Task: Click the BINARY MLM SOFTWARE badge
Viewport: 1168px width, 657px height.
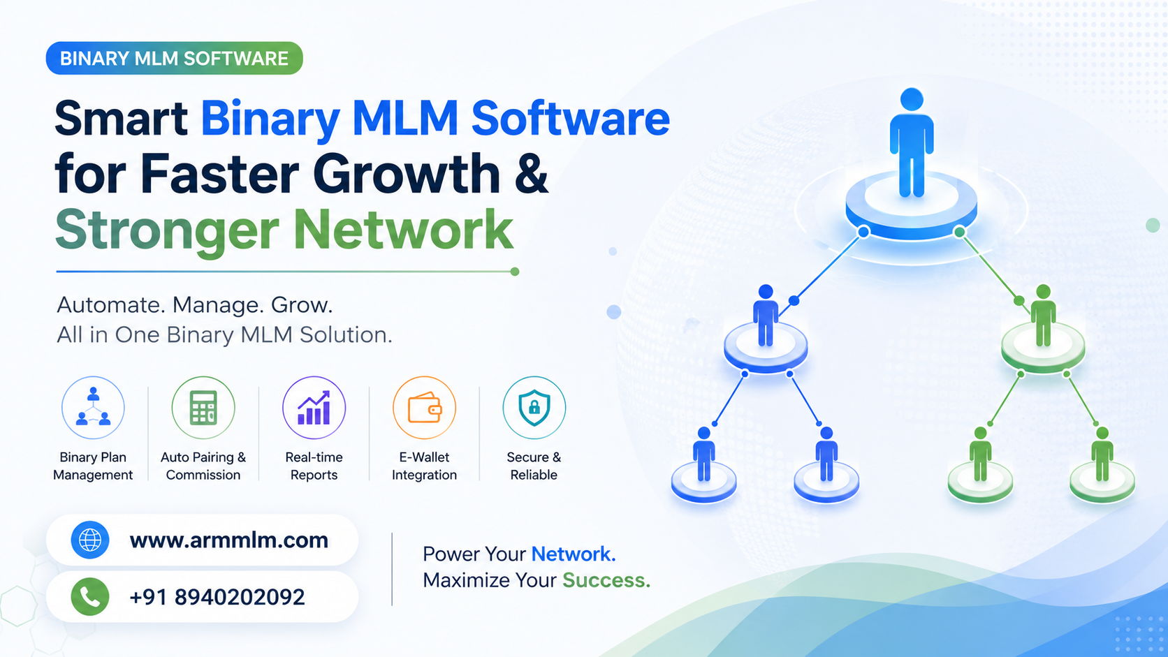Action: (174, 59)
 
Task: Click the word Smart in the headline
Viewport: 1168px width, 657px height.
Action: (121, 118)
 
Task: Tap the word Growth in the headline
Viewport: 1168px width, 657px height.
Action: (407, 173)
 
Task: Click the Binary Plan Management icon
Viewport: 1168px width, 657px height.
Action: (93, 408)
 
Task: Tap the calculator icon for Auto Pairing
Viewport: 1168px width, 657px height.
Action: (203, 408)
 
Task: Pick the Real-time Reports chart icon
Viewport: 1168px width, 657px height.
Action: (314, 408)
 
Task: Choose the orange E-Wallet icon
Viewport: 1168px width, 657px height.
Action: (425, 408)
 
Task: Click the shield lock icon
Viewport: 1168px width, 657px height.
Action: (534, 408)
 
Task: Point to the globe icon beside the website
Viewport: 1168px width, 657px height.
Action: (89, 540)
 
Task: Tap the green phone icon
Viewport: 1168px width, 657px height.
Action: (89, 596)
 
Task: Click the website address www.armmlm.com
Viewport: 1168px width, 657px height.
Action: (229, 540)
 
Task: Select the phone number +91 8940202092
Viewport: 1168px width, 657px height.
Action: (217, 597)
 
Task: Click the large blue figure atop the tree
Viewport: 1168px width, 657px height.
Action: (912, 142)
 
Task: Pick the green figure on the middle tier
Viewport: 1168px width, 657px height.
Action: (1043, 315)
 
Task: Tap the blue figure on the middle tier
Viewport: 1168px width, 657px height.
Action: (766, 315)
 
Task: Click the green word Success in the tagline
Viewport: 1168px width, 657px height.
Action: (606, 580)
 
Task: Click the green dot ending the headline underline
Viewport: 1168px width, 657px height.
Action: (515, 272)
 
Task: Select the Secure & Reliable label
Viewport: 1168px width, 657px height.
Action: (534, 466)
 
